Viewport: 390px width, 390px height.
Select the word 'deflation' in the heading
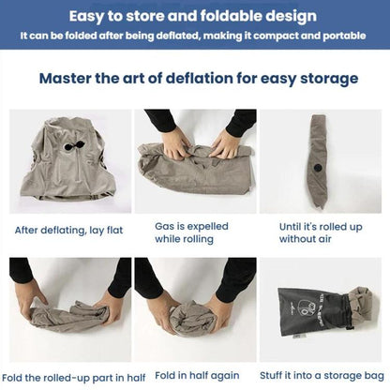(x=199, y=78)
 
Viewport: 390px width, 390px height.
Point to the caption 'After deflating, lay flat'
(x=68, y=231)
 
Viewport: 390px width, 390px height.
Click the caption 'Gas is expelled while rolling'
(x=191, y=232)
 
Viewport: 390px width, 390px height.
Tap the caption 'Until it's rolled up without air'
(x=321, y=232)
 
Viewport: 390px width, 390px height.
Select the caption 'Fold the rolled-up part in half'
(x=73, y=378)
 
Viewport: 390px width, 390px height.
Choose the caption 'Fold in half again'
(x=197, y=375)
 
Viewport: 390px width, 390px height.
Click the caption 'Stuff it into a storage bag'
(x=322, y=375)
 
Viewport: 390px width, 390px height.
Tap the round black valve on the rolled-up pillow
(x=317, y=167)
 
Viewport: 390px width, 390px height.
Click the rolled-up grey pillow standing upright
(x=319, y=161)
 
